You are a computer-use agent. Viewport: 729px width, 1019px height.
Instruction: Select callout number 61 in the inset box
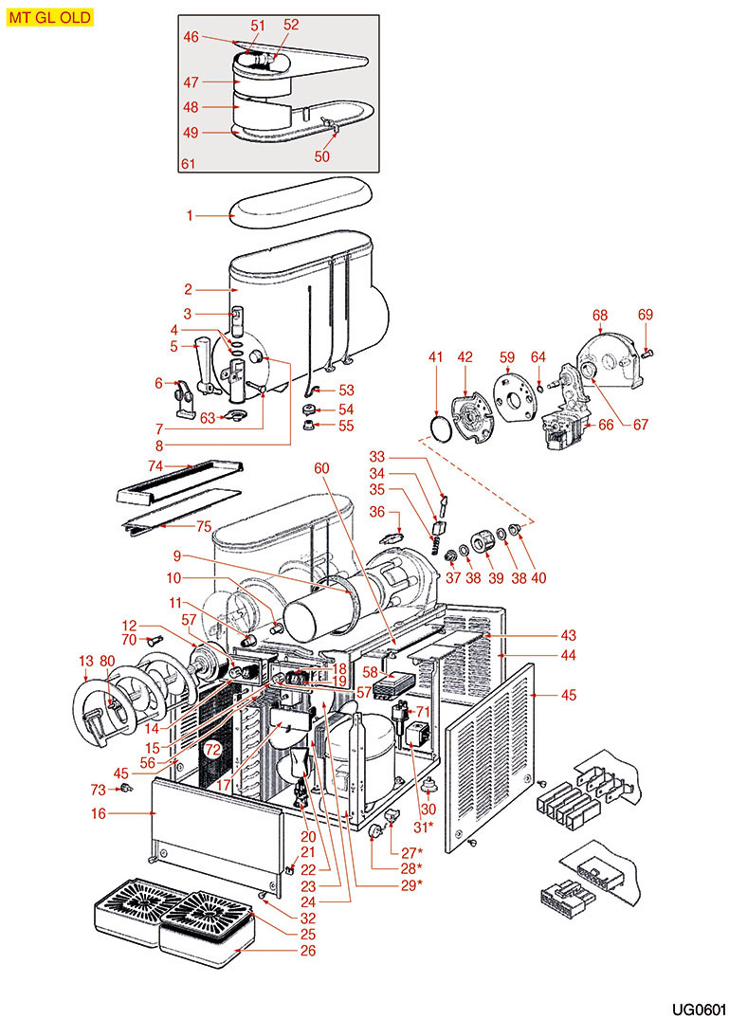(188, 165)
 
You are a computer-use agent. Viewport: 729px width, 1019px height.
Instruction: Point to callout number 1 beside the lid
(190, 216)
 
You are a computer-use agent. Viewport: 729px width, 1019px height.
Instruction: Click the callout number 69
(646, 315)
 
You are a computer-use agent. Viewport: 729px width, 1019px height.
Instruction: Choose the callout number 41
(436, 357)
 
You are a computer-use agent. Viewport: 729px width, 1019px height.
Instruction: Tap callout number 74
(156, 465)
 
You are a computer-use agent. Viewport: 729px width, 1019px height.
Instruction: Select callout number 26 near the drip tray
(307, 950)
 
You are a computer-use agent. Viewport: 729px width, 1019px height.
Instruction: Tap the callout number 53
(346, 390)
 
